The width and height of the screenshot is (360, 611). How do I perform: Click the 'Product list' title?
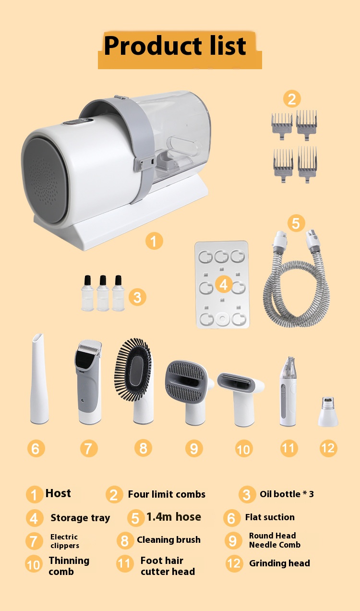175,46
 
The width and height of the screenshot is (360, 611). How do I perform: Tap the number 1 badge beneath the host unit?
154,241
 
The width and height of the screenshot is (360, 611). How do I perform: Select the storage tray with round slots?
222,284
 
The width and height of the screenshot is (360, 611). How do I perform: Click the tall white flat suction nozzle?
39,379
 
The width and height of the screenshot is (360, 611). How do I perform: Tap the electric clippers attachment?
89,382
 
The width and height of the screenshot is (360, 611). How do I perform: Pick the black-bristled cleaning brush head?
134,380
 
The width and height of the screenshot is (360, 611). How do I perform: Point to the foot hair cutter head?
288,391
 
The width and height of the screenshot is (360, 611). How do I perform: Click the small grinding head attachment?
328,412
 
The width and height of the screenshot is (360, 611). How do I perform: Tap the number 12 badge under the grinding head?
328,448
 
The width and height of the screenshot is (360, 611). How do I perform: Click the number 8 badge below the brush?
143,448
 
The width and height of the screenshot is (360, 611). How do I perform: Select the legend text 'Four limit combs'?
167,494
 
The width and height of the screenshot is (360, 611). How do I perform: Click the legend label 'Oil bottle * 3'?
287,494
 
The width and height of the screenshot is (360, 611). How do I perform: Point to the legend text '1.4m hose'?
174,517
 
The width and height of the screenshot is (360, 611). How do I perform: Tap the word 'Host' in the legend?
58,493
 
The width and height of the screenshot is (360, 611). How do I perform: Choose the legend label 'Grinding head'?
279,563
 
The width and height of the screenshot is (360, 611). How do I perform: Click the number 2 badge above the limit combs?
292,99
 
